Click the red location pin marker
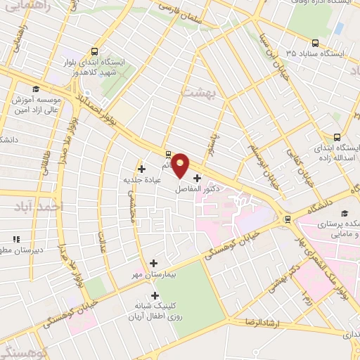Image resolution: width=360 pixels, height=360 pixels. tap(181, 165)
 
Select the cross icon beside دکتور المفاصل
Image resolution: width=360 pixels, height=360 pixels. tap(196, 178)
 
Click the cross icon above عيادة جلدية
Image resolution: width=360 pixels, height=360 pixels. tap(142, 169)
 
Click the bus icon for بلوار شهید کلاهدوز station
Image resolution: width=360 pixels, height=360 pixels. tap(95, 51)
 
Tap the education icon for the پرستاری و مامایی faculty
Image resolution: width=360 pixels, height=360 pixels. tap(345, 213)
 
